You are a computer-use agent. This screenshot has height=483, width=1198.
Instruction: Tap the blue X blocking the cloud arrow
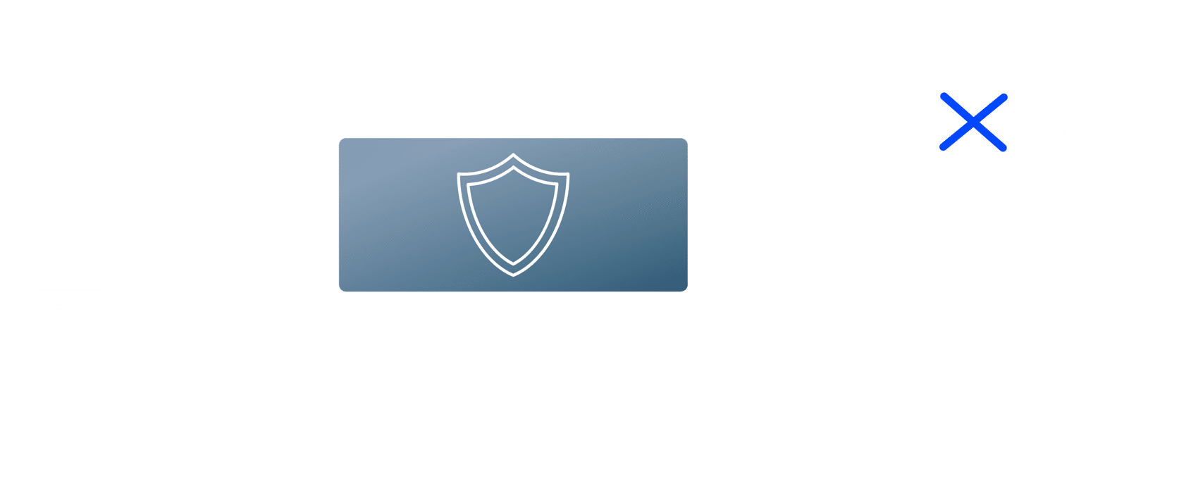tap(973, 123)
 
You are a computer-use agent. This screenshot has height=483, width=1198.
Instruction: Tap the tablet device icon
tap(1123, 318)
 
